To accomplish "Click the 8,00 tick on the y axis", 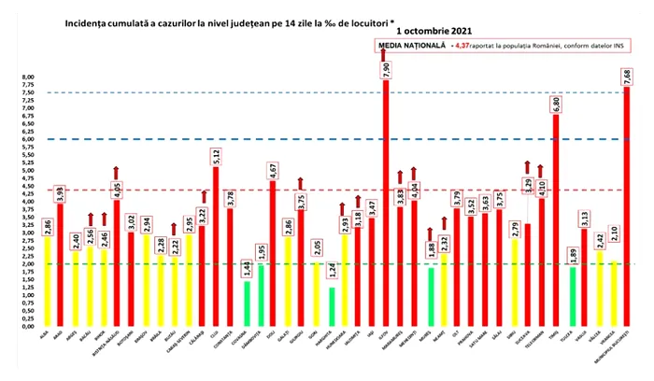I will pyautogui.click(x=27, y=78).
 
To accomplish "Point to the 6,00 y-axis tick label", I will pyautogui.click(x=27, y=139).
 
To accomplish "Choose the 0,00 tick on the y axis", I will pyautogui.click(x=27, y=328).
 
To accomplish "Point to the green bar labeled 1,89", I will pyautogui.click(x=573, y=298).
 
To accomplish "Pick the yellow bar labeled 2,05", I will pyautogui.click(x=317, y=295).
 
